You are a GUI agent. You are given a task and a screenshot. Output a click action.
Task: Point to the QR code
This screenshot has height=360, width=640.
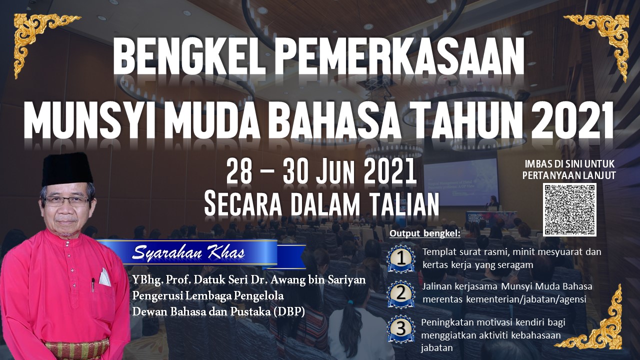[x=569, y=209]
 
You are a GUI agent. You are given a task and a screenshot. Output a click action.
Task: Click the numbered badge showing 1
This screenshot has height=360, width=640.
[x=401, y=258]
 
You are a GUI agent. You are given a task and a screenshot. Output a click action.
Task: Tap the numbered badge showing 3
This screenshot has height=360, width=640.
[x=401, y=328]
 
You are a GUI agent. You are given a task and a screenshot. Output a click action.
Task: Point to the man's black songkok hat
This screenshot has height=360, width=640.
[x=67, y=169]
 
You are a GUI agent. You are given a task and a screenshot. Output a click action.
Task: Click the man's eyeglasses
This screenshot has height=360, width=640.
[x=67, y=201]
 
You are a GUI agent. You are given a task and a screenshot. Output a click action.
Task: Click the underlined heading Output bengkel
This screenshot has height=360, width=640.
[x=425, y=233]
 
